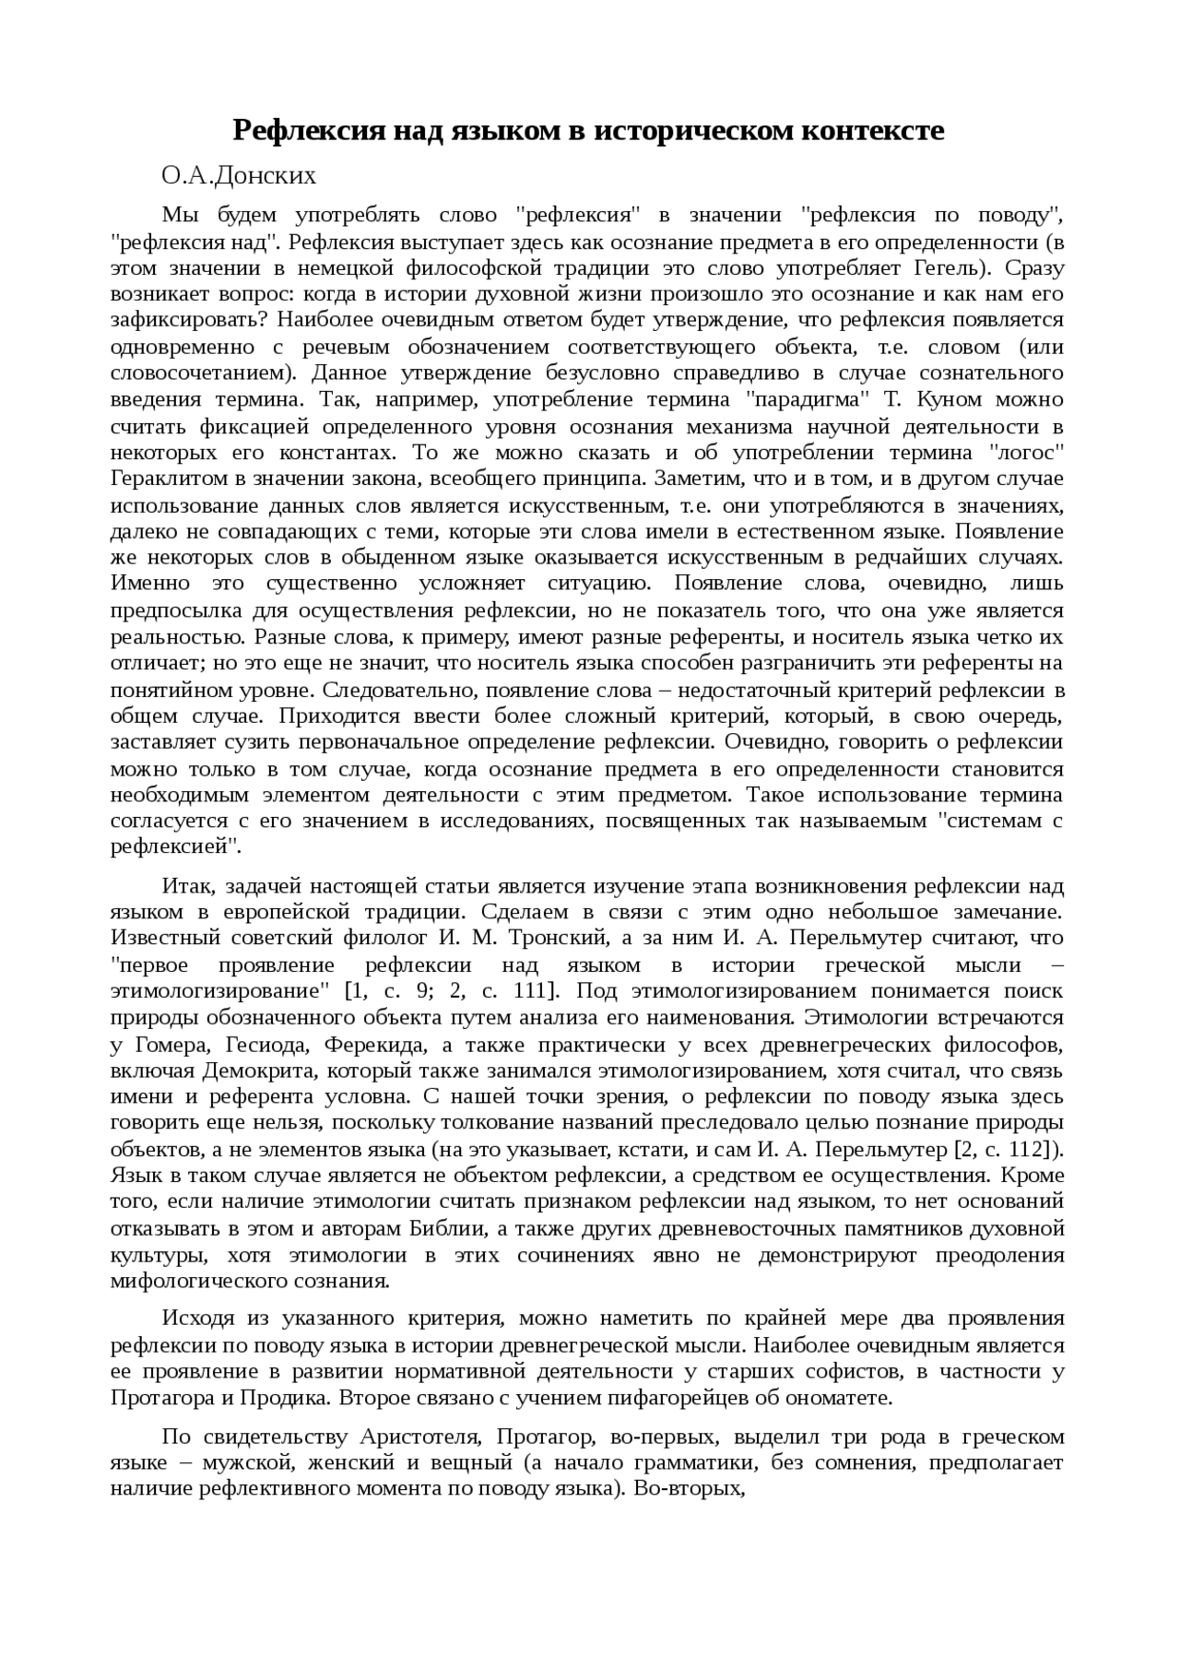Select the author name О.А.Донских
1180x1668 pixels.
[239, 175]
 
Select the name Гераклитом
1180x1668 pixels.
[167, 479]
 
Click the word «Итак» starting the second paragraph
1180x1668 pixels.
[187, 887]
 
